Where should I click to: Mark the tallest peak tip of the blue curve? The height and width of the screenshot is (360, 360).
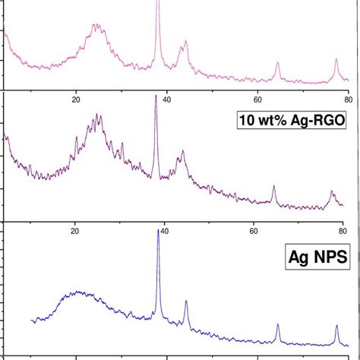click(158, 229)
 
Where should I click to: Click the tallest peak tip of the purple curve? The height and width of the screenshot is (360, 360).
click(156, 96)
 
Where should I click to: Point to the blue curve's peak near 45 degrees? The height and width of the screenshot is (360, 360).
click(186, 302)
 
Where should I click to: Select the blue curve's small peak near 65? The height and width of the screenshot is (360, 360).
click(278, 324)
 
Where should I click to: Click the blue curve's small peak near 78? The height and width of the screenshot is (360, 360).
click(336, 325)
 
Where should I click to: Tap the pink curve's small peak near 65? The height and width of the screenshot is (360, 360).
click(277, 62)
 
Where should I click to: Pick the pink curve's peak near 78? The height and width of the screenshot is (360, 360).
click(336, 59)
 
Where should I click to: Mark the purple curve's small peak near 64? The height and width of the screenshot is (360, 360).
click(273, 187)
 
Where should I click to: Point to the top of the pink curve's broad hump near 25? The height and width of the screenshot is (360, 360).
click(95, 24)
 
